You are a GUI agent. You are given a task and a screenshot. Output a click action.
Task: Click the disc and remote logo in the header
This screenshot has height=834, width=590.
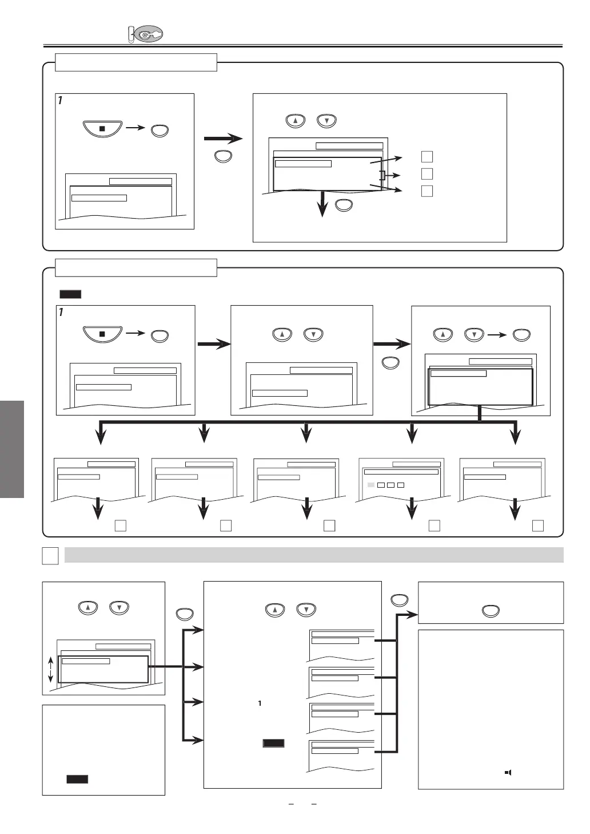pos(145,34)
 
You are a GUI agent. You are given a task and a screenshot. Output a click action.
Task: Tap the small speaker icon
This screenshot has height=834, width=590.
pos(507,772)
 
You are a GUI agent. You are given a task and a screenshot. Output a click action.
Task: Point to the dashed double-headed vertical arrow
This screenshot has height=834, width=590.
pos(50,669)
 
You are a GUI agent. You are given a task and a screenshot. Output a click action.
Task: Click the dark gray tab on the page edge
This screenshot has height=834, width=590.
pos(12,449)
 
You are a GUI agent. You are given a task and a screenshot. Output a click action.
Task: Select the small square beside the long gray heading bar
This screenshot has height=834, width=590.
pos(50,556)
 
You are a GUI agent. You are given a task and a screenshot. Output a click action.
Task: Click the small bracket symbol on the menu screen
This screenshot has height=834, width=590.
pos(382,175)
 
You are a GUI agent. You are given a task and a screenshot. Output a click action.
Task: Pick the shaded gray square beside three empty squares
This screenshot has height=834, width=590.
pos(370,485)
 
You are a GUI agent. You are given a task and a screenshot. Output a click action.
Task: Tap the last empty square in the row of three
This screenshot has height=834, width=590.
pos(401,485)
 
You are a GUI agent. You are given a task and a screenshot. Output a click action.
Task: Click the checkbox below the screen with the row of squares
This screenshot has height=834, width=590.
pos(434,525)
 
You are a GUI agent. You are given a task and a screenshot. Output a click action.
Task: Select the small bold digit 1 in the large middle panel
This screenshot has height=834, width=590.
pos(260,703)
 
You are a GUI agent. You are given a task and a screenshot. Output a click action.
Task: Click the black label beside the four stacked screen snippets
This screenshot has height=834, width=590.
pos(273,743)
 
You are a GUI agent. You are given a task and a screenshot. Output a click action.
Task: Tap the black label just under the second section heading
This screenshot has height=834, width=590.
pos(70,294)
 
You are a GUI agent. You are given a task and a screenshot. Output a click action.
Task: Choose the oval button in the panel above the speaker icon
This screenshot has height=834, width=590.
pos(491,611)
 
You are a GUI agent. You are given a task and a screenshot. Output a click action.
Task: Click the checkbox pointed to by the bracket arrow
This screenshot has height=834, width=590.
pos(426,174)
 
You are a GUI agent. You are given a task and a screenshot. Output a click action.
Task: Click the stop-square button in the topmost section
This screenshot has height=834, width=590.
pos(102,129)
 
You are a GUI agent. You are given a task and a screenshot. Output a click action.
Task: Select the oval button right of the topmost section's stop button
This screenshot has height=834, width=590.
pos(160,131)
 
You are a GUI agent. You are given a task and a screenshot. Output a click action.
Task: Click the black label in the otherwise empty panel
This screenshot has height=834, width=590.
pos(77,779)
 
